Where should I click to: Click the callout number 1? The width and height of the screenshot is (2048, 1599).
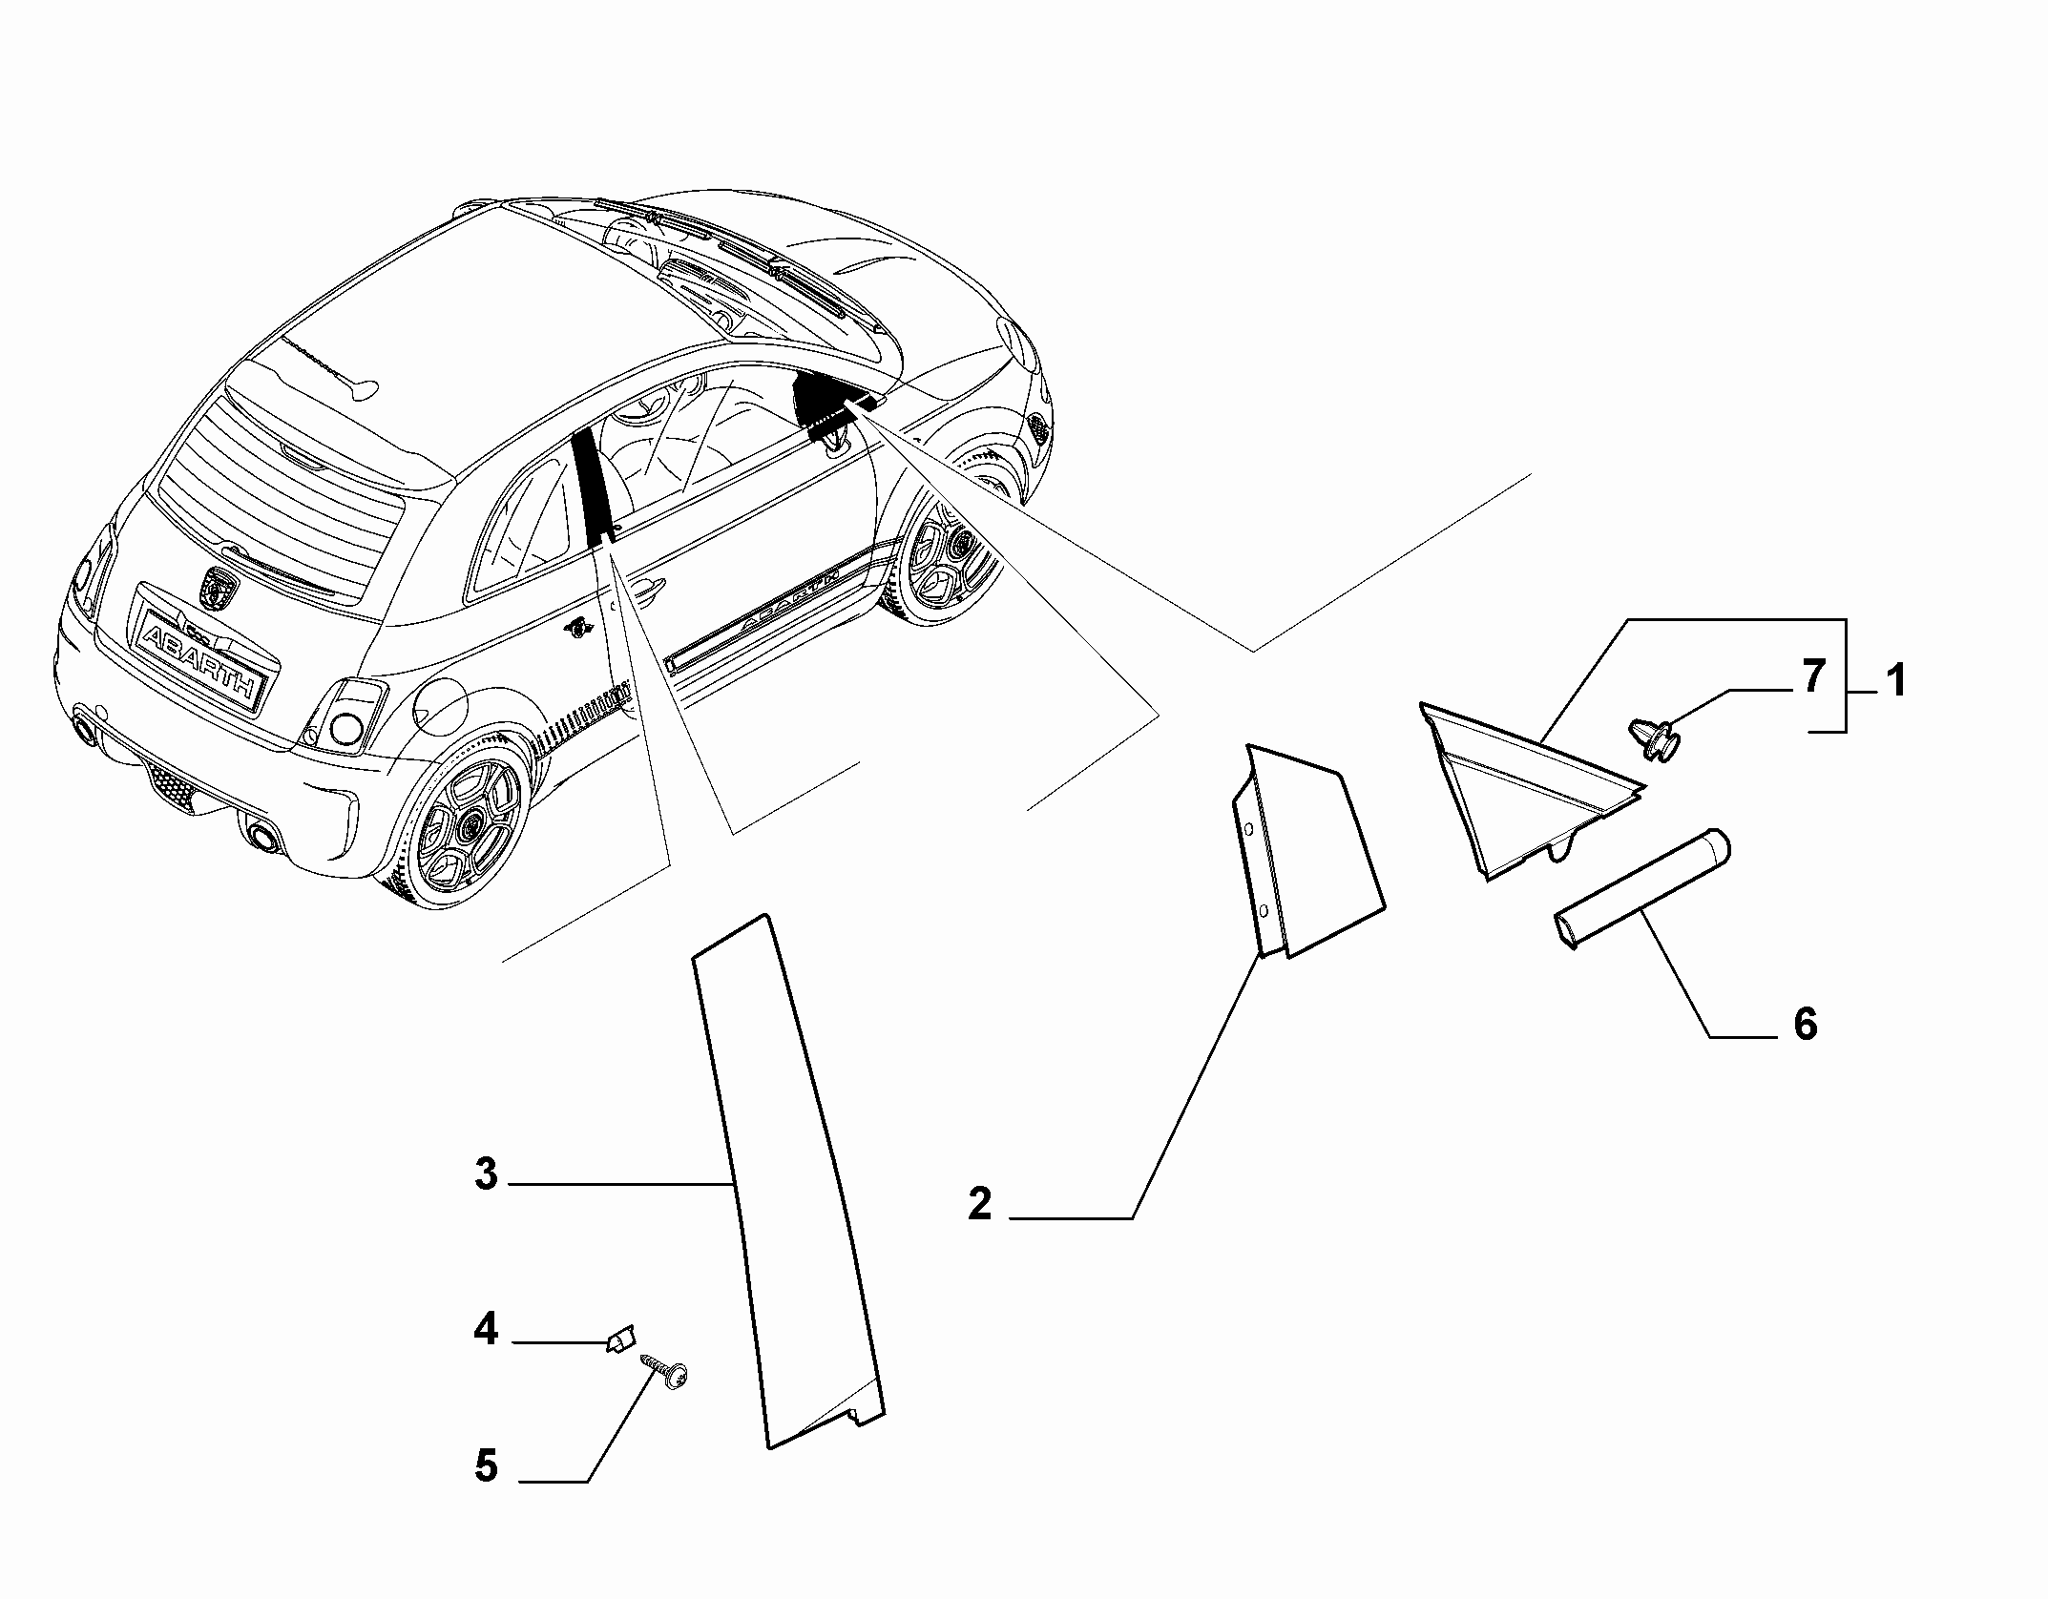coord(1895,681)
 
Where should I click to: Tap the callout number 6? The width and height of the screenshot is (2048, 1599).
coord(1805,1024)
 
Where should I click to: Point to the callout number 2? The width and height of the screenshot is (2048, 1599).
coord(979,1203)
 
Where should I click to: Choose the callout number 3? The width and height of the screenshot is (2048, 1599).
coord(487,1173)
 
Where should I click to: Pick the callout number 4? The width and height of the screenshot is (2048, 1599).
coord(487,1328)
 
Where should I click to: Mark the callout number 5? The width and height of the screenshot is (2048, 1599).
coord(487,1465)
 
